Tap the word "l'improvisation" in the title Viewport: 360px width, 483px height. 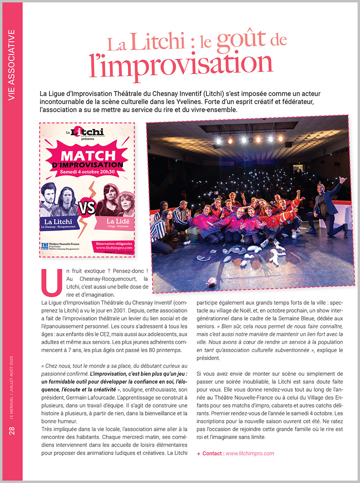pos(180,63)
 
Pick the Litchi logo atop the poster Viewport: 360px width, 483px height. pos(88,132)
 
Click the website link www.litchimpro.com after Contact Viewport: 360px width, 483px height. pos(250,453)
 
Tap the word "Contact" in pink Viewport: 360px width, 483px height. pos(212,453)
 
